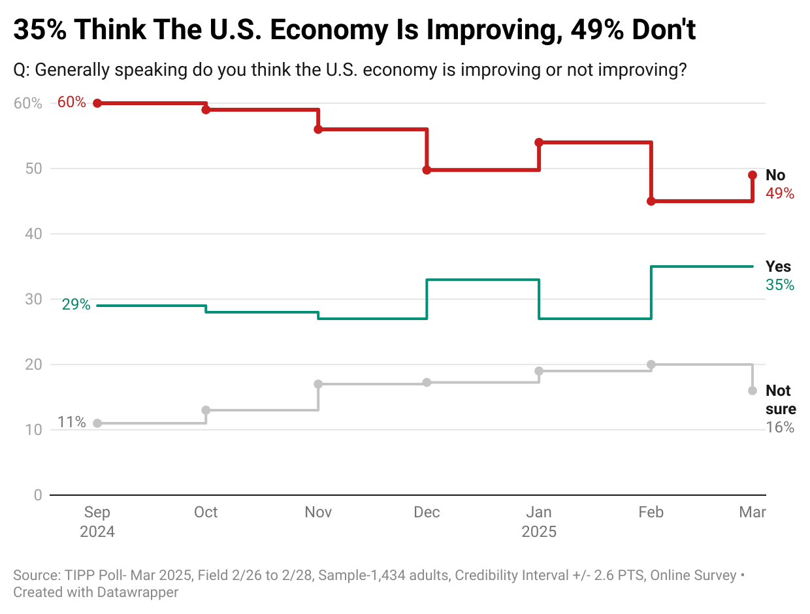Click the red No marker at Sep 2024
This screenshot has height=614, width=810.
pos(97,103)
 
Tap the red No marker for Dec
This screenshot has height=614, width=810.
pos(427,170)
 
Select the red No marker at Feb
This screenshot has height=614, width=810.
pos(651,201)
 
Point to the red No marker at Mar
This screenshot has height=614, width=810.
pos(753,175)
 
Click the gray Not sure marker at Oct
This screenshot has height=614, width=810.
pos(206,410)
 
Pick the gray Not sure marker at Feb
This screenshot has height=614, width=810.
pos(651,364)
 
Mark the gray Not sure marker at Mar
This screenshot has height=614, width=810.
pos(753,391)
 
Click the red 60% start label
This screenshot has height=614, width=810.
pos(71,103)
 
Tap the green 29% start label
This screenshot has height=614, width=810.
pos(76,304)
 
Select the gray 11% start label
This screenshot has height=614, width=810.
pos(71,422)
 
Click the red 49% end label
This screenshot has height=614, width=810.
pos(780,193)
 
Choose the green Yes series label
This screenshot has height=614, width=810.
pos(778,267)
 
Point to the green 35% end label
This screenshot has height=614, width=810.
pos(780,285)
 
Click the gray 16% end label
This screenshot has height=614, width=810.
pos(780,428)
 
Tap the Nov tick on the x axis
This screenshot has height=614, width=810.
pos(318,513)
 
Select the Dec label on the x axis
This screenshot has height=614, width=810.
pos(427,513)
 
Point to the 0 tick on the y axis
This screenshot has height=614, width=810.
pos(37,495)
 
